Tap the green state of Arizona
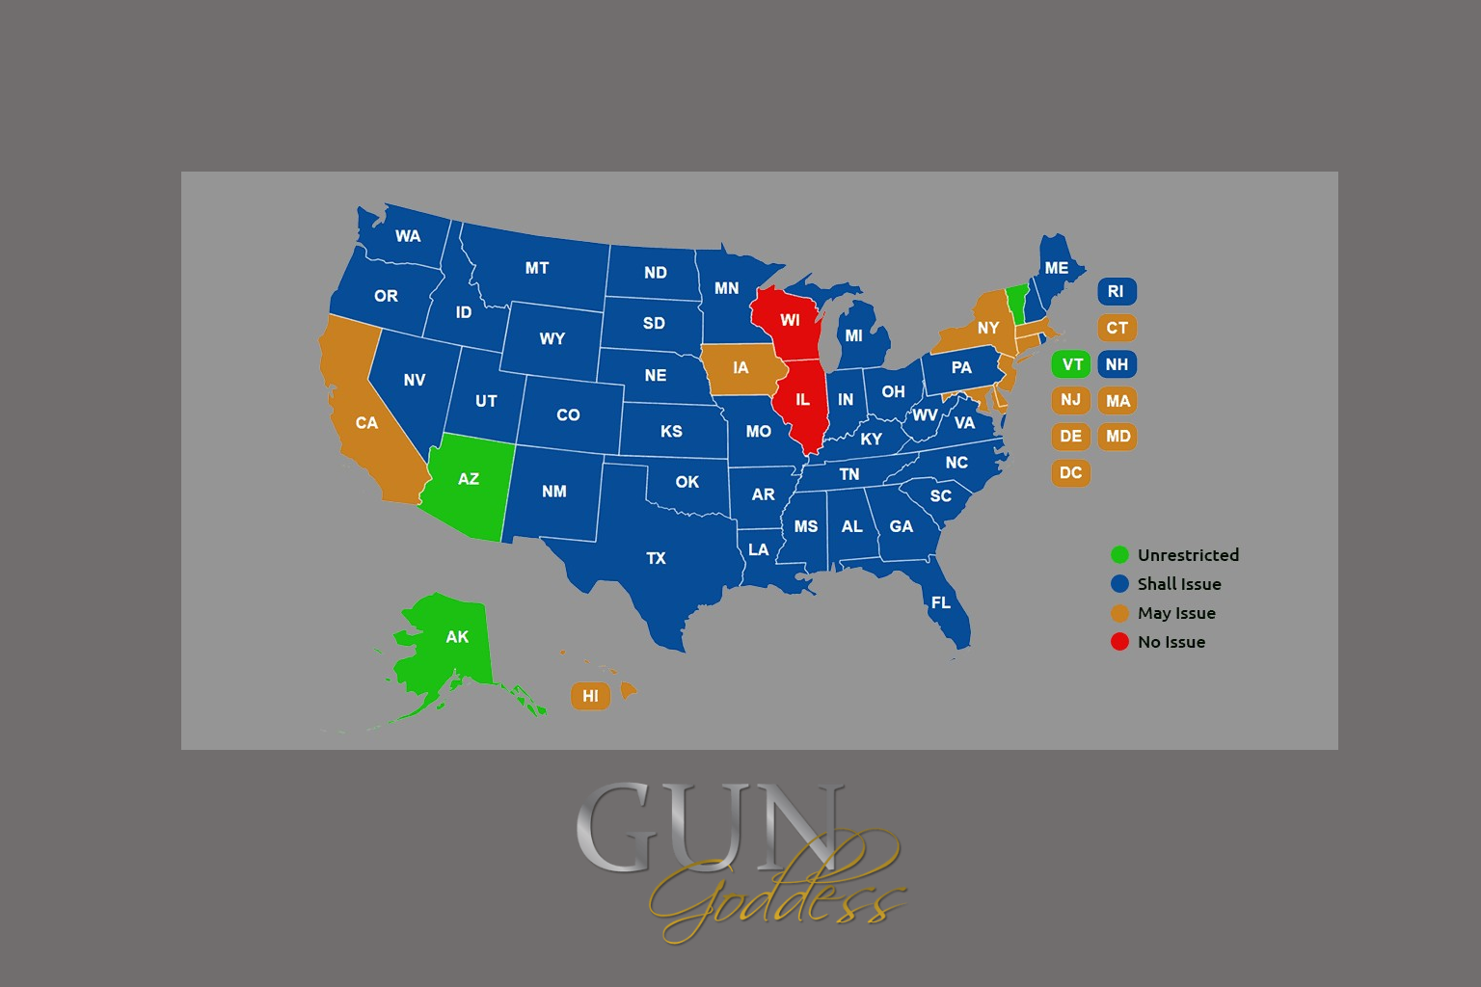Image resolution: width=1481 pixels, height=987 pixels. pos(468,482)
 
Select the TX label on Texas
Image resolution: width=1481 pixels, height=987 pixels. pos(656,558)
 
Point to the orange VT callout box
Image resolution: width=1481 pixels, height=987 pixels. pos(1071,364)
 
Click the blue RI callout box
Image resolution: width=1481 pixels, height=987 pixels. pos(1117,291)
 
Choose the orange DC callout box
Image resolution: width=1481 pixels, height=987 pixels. pos(1070,472)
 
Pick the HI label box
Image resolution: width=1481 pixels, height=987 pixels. pos(590,695)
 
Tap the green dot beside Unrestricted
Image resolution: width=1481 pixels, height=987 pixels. pos(1119,554)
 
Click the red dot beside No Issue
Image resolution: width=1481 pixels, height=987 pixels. pos(1119,642)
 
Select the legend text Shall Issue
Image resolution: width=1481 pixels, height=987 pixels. pos(1178,584)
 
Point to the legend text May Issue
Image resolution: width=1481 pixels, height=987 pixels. pos(1175,613)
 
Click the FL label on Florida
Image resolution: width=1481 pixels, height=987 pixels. pos(941,602)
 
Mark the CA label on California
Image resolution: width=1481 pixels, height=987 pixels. pos(366,422)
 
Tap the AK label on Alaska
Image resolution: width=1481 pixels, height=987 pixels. pos(457,636)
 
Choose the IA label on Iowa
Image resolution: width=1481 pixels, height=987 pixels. pos(740,367)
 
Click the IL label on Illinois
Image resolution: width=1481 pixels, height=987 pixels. pos(802,399)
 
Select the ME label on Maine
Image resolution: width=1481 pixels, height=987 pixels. pos(1057,268)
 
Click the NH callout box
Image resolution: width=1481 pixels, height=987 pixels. pos(1117,364)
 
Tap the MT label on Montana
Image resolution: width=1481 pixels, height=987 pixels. pos(537,268)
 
